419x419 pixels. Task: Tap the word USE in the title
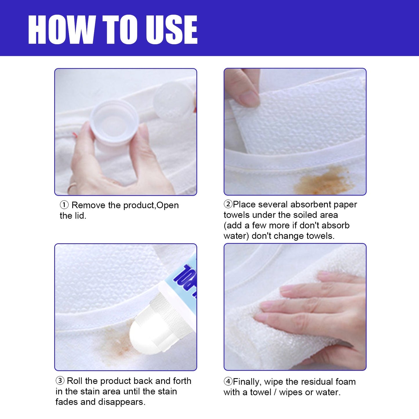(171, 30)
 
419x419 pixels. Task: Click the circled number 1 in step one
(64, 205)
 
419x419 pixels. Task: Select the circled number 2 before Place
(228, 204)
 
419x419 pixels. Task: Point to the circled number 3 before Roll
(60, 380)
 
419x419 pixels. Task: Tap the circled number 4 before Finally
(228, 381)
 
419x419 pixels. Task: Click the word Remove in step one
(88, 205)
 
